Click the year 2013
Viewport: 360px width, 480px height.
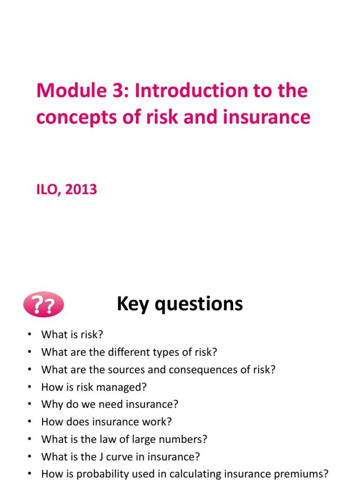pos(82,190)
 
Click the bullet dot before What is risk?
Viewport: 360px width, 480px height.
pos(30,335)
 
